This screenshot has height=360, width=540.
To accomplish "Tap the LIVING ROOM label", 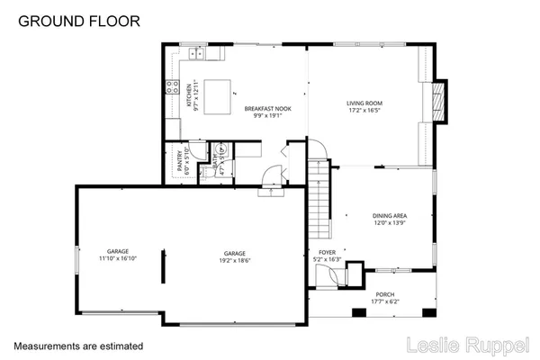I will coord(366,103).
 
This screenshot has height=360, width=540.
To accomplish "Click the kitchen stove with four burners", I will coord(171,87).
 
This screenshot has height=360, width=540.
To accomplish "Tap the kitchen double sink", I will coord(195,54).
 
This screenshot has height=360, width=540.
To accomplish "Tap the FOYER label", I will coord(328,252).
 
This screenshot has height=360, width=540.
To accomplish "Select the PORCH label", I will coord(385,294).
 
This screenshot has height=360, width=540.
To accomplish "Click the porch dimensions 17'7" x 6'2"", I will coord(385,301).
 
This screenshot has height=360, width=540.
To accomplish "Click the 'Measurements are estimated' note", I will coord(77,345).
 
